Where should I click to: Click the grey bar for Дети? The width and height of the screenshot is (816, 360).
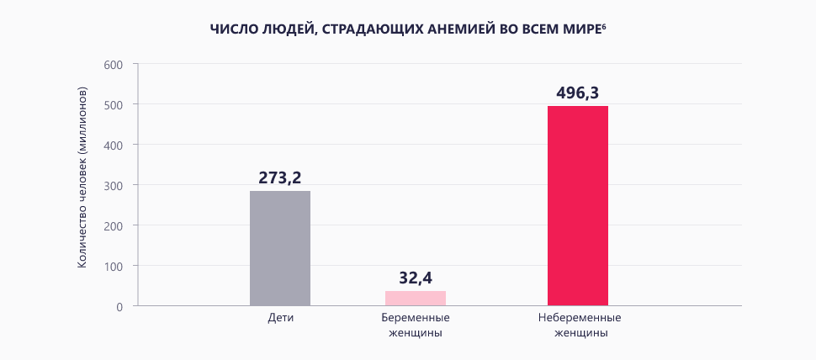[280, 248]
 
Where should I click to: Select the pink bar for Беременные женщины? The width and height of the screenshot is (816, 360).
[416, 298]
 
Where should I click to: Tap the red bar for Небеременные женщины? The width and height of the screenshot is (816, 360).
[578, 205]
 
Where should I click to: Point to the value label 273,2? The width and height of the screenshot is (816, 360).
[279, 177]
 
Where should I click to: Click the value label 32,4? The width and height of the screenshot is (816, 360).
[416, 278]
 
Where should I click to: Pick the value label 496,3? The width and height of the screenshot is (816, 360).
[578, 93]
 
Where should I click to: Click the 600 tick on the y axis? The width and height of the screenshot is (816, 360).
[114, 65]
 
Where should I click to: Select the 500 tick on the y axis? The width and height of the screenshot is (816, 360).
[114, 105]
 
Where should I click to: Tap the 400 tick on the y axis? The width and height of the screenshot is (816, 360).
[114, 146]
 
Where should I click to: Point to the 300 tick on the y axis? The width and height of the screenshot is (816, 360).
[114, 186]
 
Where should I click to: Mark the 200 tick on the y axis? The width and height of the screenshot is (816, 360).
[114, 226]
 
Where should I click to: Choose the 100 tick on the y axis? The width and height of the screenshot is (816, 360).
[114, 267]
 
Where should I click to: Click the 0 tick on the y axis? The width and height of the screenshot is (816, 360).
[119, 307]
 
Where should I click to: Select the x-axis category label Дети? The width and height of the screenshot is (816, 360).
[280, 320]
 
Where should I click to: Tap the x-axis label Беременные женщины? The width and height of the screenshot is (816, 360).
[416, 326]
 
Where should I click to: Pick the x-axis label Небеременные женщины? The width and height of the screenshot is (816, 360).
[578, 326]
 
